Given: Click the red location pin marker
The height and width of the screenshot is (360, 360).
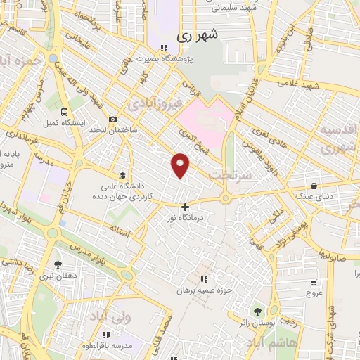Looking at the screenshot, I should click(181, 165).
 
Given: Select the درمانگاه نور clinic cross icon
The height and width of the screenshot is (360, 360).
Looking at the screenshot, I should click(185, 207).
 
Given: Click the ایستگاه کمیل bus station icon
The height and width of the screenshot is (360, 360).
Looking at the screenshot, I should click(65, 112).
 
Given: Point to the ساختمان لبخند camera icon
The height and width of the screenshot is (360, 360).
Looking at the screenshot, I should click(112, 118).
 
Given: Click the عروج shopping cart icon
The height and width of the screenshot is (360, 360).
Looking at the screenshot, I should click(313, 283).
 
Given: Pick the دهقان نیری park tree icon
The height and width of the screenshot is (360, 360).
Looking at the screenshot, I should click(58, 265).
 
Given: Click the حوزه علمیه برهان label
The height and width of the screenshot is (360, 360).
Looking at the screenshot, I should click(204, 289).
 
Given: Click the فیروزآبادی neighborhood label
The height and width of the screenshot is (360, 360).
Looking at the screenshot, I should click(155, 104).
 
